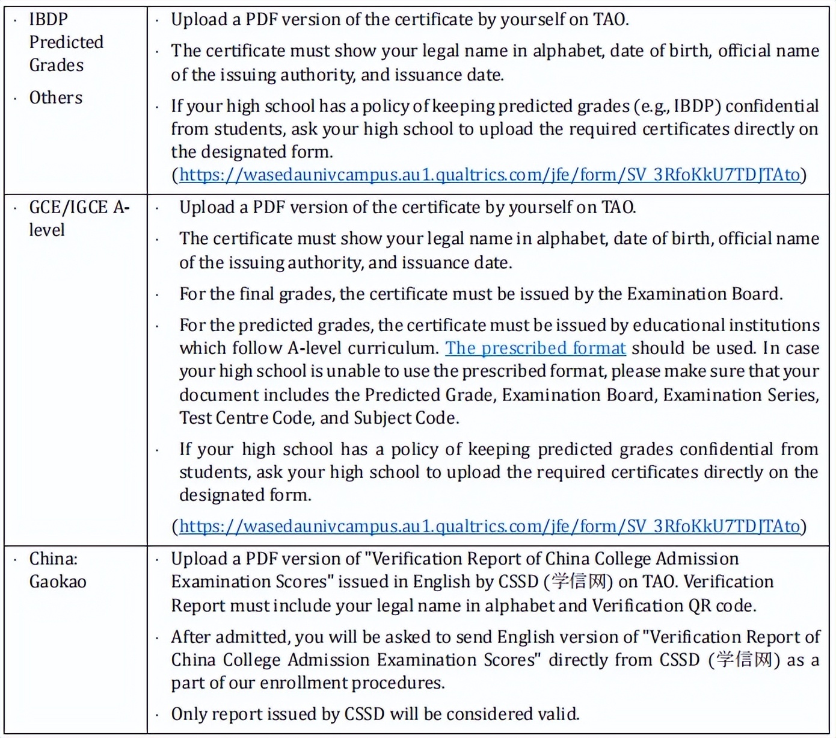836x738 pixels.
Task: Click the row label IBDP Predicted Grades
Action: (66, 42)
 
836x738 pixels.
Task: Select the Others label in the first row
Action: (56, 98)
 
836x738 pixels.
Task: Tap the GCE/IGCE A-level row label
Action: (79, 218)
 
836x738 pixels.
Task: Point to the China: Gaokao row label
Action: (58, 570)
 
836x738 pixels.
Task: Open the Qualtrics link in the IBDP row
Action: (490, 175)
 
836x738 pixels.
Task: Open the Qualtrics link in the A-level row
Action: (490, 526)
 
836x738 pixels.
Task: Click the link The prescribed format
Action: (535, 348)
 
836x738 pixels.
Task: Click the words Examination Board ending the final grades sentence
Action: (703, 294)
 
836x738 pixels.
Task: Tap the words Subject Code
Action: (405, 418)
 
